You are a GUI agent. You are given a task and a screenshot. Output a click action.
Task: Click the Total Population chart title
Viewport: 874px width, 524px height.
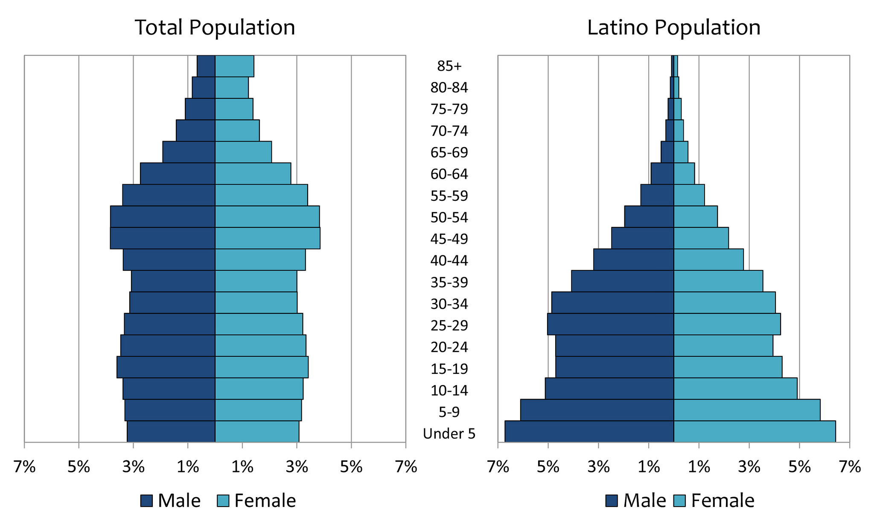215,28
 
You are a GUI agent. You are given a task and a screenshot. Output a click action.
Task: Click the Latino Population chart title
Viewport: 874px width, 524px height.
673,28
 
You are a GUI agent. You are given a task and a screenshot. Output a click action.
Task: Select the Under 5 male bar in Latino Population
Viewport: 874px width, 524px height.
589,431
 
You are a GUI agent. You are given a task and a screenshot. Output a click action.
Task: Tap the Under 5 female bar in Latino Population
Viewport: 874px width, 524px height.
755,431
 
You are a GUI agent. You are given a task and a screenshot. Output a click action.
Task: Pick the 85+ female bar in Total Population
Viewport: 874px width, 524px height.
234,66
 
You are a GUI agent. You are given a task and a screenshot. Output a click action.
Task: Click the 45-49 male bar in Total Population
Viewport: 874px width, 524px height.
163,238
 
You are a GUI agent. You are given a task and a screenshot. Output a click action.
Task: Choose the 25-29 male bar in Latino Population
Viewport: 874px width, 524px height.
611,324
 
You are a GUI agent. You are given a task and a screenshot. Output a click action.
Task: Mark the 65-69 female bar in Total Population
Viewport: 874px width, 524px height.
243,152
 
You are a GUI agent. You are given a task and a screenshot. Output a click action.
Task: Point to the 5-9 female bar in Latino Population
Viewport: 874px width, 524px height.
747,410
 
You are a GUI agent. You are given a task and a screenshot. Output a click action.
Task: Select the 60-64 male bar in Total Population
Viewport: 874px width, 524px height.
178,174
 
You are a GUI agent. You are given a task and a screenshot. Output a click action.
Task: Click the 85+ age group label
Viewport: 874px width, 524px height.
449,66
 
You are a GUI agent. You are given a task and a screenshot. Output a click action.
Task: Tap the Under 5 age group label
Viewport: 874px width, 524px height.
449,434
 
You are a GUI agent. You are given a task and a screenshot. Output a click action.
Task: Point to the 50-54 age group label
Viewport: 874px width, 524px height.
449,217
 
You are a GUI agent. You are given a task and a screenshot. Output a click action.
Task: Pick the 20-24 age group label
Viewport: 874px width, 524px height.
449,347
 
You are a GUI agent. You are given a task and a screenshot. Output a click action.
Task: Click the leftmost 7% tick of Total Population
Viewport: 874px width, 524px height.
24,467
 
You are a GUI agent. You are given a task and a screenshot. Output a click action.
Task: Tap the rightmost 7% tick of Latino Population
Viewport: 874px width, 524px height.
850,467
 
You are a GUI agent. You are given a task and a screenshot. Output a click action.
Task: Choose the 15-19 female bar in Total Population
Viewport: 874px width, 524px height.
262,367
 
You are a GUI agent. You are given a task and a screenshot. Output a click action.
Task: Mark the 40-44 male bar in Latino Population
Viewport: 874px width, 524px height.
634,260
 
